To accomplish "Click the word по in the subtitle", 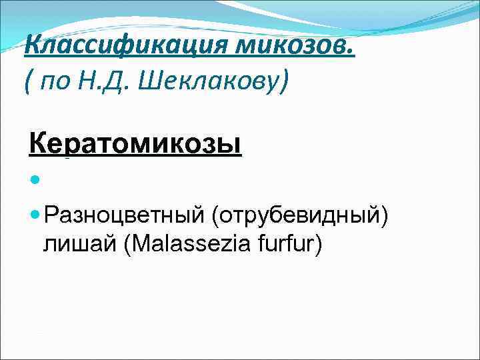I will pyautogui.click(x=57, y=83).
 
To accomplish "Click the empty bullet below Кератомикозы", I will pyautogui.click(x=35, y=181).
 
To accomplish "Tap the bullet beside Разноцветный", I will pyautogui.click(x=35, y=216).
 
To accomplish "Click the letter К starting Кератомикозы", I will pyautogui.click(x=37, y=142).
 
